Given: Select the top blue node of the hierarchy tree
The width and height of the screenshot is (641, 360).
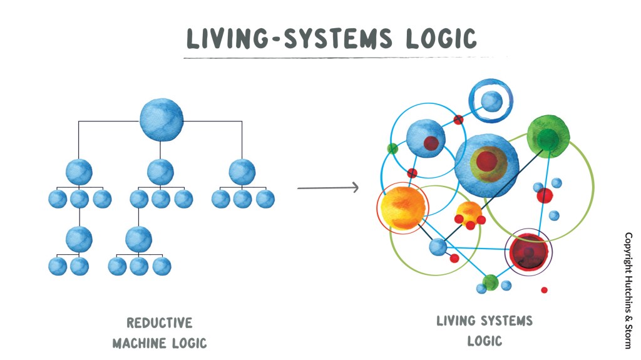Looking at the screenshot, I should pyautogui.click(x=162, y=118).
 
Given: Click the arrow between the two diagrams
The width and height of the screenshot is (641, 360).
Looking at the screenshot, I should pyautogui.click(x=327, y=187).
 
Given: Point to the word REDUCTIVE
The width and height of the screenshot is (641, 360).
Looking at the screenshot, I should pyautogui.click(x=160, y=323).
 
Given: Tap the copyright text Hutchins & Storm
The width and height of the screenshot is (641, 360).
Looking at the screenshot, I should pyautogui.click(x=628, y=291).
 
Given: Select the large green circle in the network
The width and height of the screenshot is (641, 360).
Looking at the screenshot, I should pyautogui.click(x=548, y=136).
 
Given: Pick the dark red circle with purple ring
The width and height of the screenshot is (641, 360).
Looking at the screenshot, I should pyautogui.click(x=530, y=252).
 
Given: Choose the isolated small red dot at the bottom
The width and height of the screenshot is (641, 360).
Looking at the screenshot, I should pyautogui.click(x=544, y=290).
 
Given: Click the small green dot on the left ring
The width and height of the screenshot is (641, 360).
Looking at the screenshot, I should pyautogui.click(x=392, y=148).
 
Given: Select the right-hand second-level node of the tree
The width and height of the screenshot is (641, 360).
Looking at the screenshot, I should pyautogui.click(x=242, y=172).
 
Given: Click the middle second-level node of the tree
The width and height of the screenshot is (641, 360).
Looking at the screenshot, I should pyautogui.click(x=161, y=172).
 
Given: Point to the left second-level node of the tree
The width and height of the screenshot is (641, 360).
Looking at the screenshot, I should pyautogui.click(x=79, y=172).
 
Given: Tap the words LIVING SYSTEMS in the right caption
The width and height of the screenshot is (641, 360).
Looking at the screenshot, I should pyautogui.click(x=485, y=322).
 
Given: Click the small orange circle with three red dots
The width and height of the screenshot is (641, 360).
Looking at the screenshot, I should pyautogui.click(x=469, y=212).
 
